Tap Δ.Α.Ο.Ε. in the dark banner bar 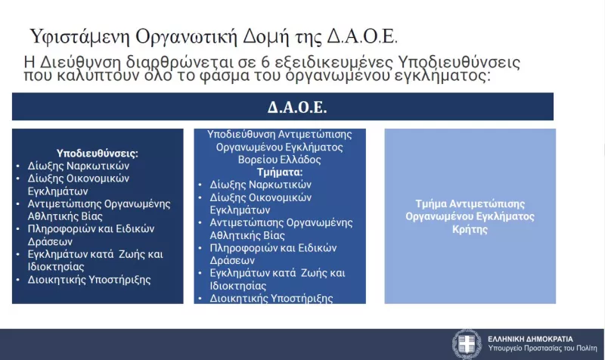click(297, 107)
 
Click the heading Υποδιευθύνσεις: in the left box click(98, 153)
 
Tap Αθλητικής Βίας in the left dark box click(60, 216)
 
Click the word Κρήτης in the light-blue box click(470, 228)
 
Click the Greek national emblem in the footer click(466, 344)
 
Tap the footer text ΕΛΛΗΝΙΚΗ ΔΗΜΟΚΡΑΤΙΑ click(529, 339)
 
